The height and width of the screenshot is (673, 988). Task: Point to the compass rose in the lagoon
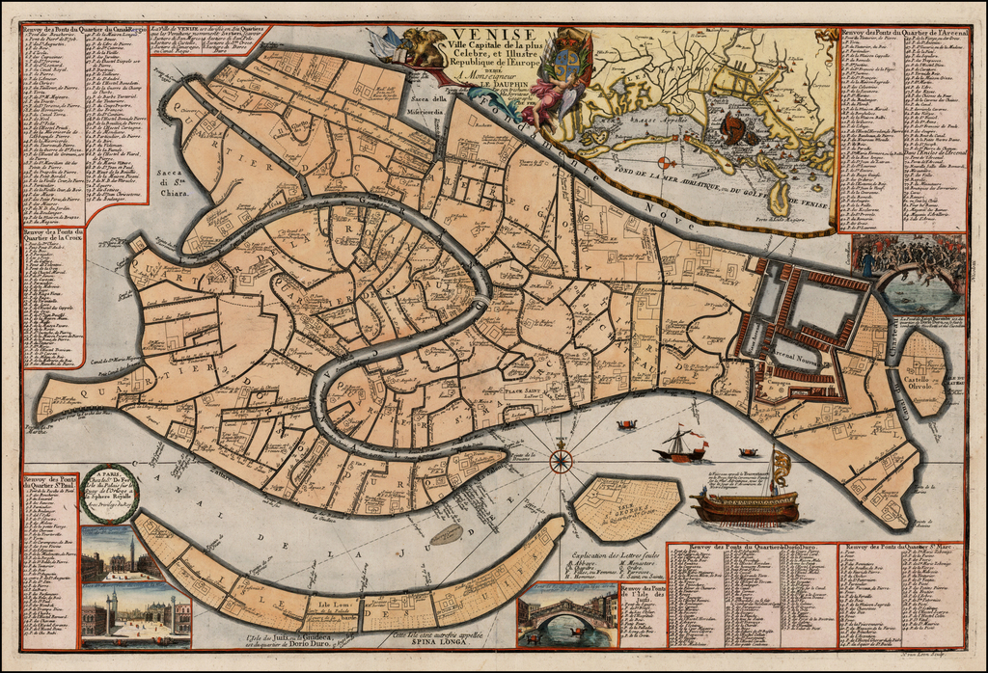561,461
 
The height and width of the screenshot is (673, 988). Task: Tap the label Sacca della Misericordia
428,104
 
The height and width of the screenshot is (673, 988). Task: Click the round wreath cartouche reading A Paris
109,493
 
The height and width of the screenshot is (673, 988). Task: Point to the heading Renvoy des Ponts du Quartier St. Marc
903,548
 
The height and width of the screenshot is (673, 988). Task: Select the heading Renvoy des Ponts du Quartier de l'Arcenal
903,33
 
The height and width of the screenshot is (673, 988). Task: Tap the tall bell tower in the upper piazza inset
132,552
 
